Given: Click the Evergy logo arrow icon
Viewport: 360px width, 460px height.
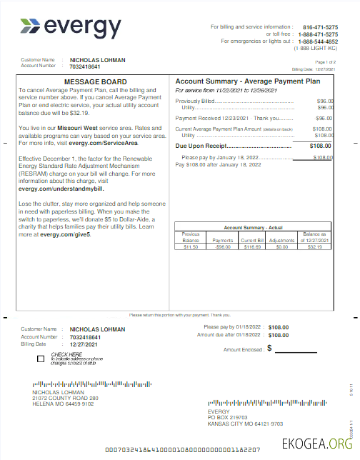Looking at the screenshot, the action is point(31,27).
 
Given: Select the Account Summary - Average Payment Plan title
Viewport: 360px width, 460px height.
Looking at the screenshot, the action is point(246,81).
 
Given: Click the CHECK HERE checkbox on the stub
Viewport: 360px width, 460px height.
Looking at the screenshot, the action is point(41,359).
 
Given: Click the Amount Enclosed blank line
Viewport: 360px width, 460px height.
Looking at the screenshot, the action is point(296,349).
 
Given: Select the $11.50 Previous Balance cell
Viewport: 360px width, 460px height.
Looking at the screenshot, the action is point(191,246).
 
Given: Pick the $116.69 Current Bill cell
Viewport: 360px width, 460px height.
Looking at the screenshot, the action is point(252,246).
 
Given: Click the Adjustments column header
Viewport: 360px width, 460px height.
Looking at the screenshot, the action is point(281,241).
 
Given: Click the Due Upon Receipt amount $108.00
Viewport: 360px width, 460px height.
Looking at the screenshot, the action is point(320,146).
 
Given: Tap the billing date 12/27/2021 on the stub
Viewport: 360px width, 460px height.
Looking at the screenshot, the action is point(87,344).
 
